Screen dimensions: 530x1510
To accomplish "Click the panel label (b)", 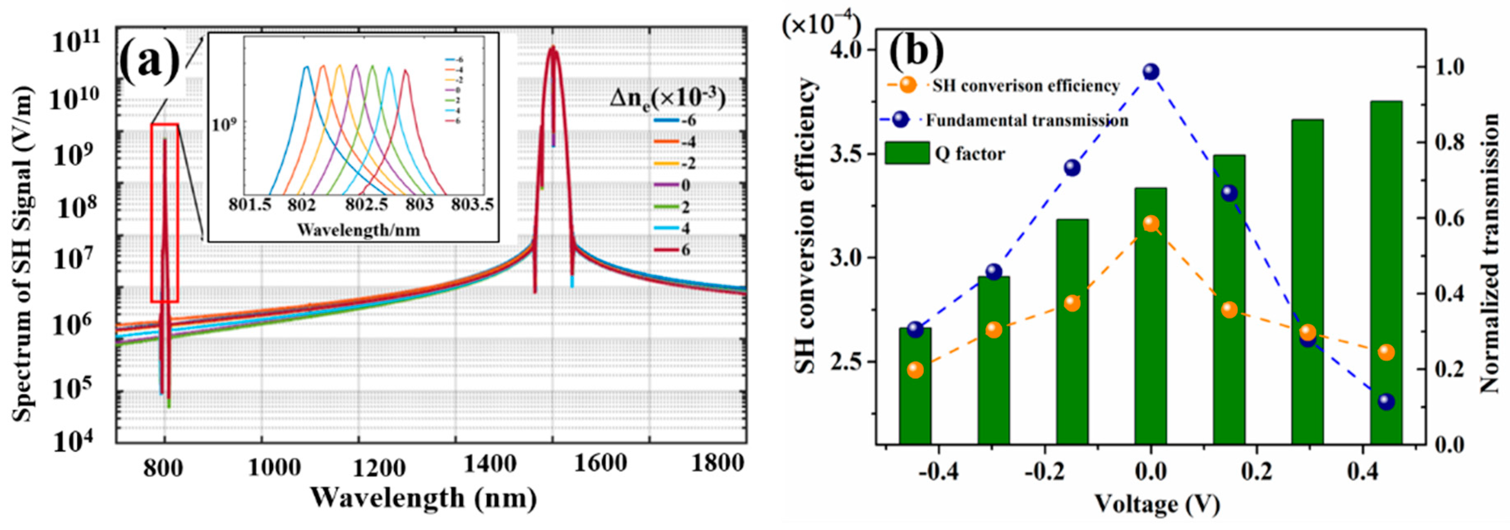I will (916, 52).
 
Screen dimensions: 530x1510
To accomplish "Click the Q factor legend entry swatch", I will (907, 154).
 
